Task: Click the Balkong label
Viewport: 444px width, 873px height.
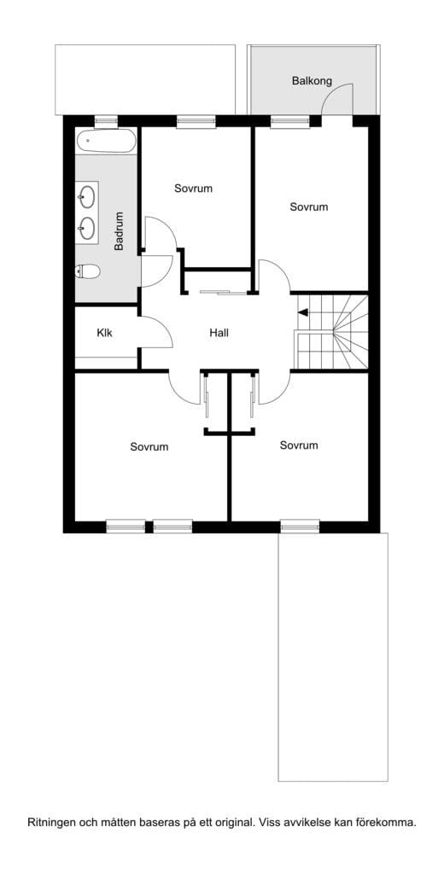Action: tap(312, 81)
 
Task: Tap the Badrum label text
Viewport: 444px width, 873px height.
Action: tap(119, 231)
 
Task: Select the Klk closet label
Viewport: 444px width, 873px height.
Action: tap(104, 334)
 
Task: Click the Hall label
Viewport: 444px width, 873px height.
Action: tap(219, 334)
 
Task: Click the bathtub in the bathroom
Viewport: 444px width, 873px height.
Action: tap(106, 142)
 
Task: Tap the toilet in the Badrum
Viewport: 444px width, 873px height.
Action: tap(87, 271)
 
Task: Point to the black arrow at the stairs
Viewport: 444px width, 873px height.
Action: tap(302, 312)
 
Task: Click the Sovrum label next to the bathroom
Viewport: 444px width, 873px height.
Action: tap(193, 189)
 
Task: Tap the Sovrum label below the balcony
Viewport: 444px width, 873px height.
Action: tap(308, 207)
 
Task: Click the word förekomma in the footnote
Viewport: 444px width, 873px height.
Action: tap(392, 823)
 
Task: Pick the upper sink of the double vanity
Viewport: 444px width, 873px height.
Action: tap(87, 195)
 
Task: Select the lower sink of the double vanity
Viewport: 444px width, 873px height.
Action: tap(87, 228)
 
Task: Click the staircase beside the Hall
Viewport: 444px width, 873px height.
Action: tap(332, 332)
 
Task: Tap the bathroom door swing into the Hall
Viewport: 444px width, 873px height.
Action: tap(158, 271)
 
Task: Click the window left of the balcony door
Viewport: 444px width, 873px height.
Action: tap(289, 121)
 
